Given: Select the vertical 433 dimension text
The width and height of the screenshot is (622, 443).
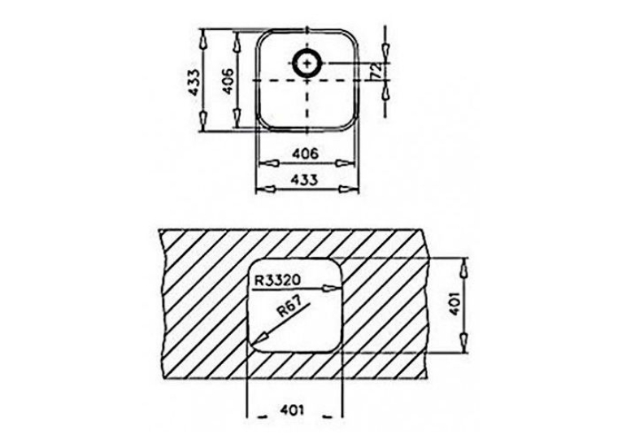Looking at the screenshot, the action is coord(194,82).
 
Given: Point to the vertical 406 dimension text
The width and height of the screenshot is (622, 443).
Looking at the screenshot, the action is coord(228,82).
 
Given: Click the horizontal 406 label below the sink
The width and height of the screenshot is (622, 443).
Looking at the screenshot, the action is coord(305,153).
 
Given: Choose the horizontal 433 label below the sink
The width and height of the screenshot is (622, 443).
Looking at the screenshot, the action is coord(305,180).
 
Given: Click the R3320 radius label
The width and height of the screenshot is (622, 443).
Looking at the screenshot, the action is coord(277,280).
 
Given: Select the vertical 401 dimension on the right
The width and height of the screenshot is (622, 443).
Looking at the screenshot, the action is coord(454,304).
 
